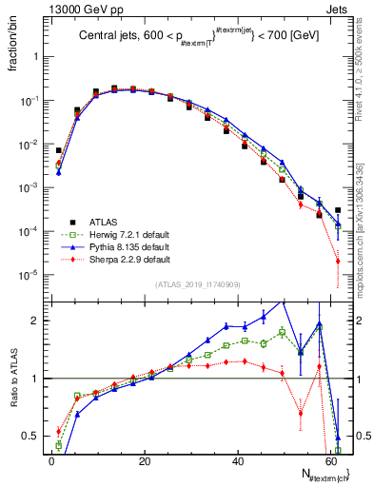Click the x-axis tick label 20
[x=144, y=460]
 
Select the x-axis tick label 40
[x=236, y=460]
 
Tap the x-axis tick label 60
[x=329, y=460]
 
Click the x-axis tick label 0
[x=51, y=460]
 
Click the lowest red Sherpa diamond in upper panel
[x=338, y=262]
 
